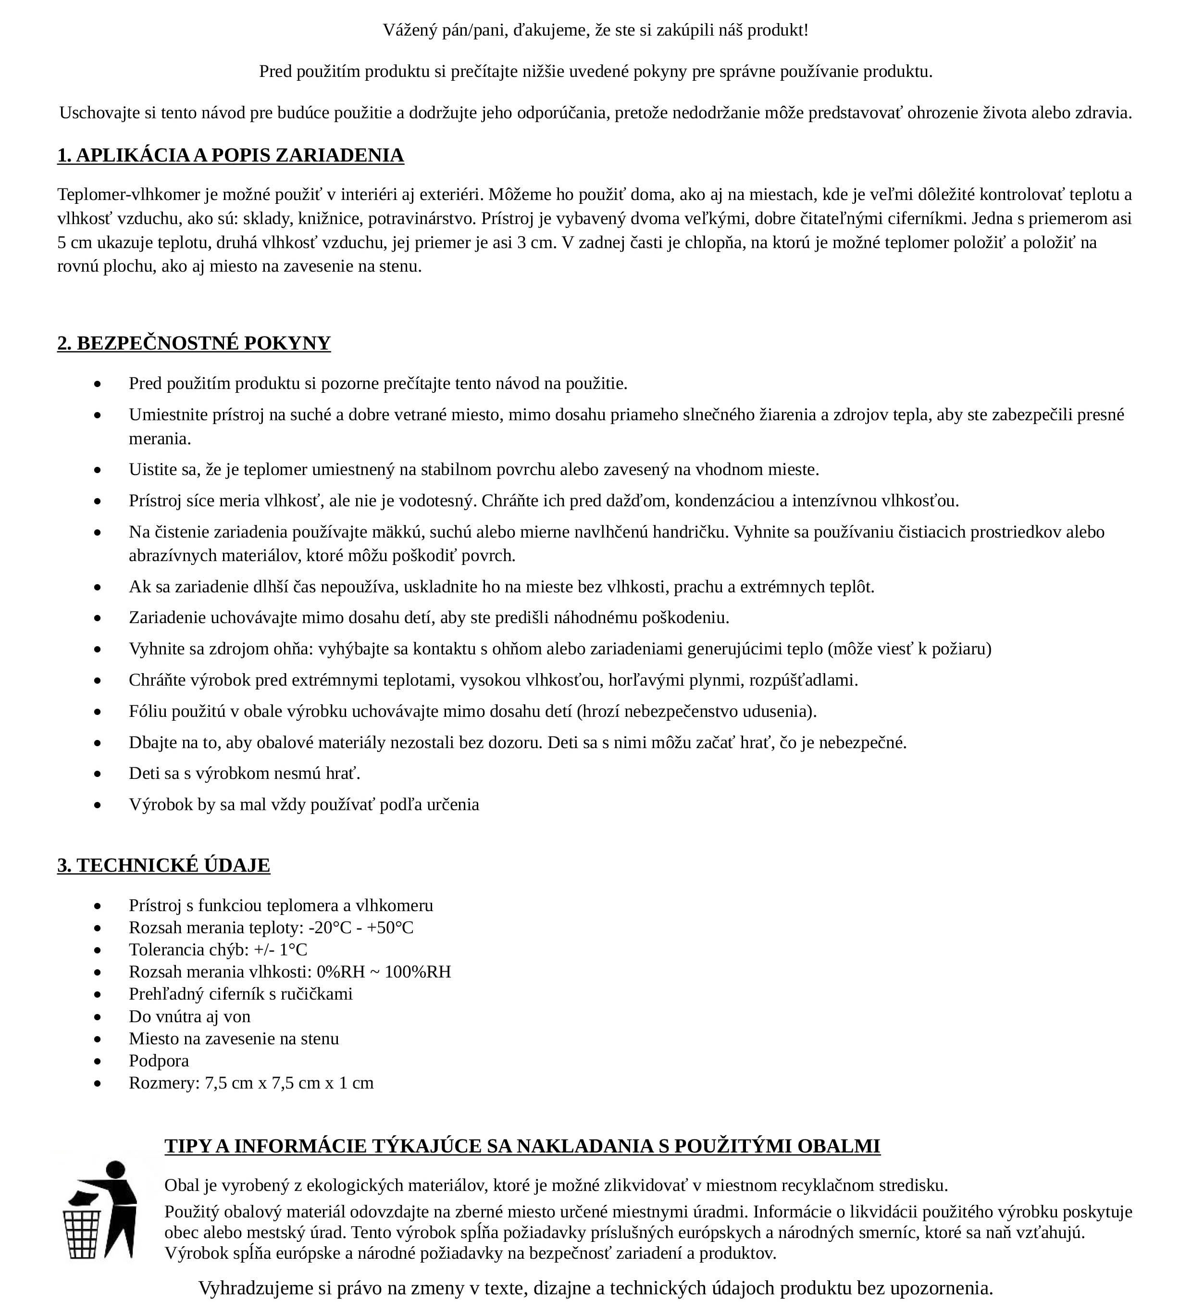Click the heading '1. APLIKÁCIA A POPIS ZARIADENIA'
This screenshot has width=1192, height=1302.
coord(231,156)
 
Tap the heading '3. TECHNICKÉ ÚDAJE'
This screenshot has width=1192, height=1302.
coord(163,865)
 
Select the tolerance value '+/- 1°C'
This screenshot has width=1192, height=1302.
coord(281,950)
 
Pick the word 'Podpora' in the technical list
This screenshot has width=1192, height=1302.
coord(159,1061)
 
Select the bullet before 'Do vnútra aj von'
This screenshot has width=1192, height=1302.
coord(98,1017)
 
